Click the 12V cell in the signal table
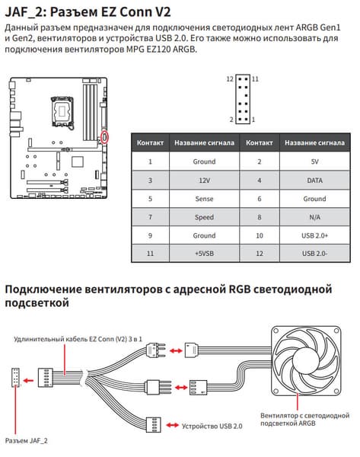[204, 181]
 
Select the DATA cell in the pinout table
[314, 181]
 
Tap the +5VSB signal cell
[204, 254]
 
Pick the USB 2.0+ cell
[314, 235]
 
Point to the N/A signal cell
[314, 217]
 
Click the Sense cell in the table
[204, 199]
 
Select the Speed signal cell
[204, 217]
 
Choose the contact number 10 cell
[260, 235]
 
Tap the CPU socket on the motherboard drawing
[62, 112]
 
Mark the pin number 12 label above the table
[230, 79]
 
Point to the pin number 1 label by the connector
[253, 120]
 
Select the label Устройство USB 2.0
[212, 426]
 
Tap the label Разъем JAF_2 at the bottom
[26, 441]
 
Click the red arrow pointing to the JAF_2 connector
[28, 380]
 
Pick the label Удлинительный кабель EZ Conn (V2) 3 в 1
[78, 339]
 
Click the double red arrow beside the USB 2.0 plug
[173, 426]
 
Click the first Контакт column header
[150, 143]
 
